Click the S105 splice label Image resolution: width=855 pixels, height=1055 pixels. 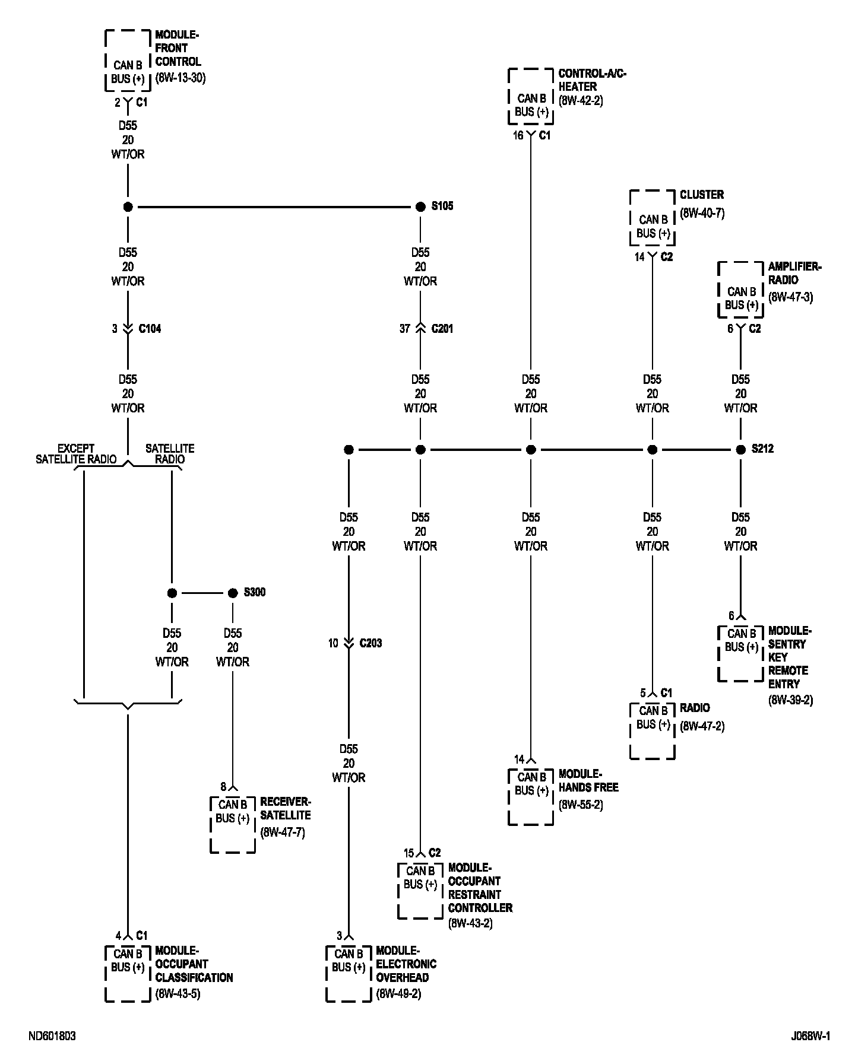[442, 206]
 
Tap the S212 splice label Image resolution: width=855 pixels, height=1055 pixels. [762, 449]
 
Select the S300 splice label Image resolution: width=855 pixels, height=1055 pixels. [255, 592]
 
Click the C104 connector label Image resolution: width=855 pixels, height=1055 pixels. [150, 329]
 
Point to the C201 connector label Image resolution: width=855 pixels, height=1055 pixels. [442, 329]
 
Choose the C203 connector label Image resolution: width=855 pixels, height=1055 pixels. [370, 643]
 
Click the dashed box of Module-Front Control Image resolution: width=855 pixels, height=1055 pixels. [128, 61]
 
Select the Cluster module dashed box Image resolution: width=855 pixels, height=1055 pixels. [652, 218]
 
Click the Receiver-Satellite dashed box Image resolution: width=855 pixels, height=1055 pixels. [233, 824]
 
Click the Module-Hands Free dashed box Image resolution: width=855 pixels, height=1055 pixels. [531, 796]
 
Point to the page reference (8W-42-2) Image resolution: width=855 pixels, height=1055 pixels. [580, 101]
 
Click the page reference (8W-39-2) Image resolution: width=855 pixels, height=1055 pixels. [790, 700]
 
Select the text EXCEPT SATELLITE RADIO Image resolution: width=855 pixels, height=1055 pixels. [76, 454]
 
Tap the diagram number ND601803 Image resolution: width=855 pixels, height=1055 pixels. [52, 1036]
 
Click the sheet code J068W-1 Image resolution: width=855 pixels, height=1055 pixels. [810, 1036]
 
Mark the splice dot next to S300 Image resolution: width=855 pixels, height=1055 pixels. [233, 593]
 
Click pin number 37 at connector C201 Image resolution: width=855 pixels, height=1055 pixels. [404, 329]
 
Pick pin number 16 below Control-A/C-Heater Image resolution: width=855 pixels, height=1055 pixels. [518, 136]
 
